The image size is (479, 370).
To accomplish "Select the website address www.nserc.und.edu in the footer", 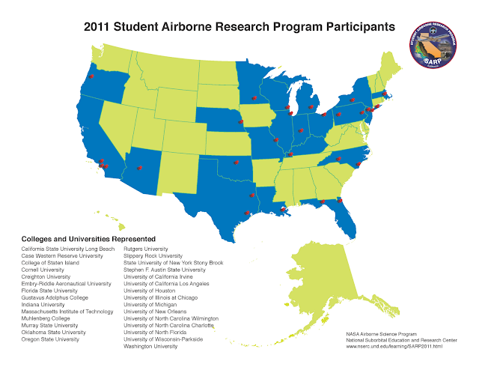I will pyautogui.click(x=395, y=346).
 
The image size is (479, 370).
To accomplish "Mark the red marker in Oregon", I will pyautogui.click(x=91, y=76).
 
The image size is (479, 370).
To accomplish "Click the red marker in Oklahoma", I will pyautogui.click(x=234, y=162).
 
